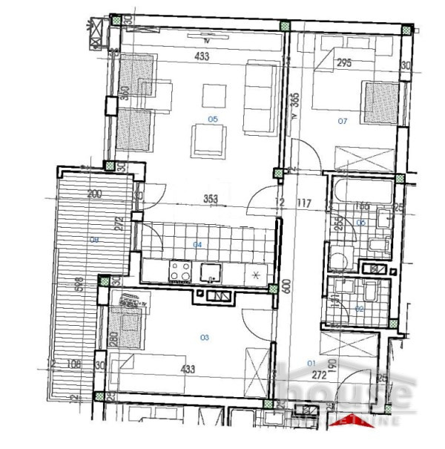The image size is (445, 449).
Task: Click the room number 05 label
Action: (213, 119)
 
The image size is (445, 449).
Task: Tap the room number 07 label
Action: (342, 119)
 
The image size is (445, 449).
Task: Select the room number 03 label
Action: (205, 337)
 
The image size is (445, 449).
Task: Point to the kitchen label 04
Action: (198, 244)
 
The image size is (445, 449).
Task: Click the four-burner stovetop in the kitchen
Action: (180, 271)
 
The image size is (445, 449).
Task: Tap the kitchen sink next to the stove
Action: (211, 273)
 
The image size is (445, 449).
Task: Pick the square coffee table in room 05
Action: (214, 94)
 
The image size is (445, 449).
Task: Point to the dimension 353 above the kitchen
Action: (210, 198)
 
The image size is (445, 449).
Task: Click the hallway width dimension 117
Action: (301, 203)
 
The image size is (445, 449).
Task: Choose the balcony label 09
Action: (93, 239)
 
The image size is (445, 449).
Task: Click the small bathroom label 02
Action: (360, 307)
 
